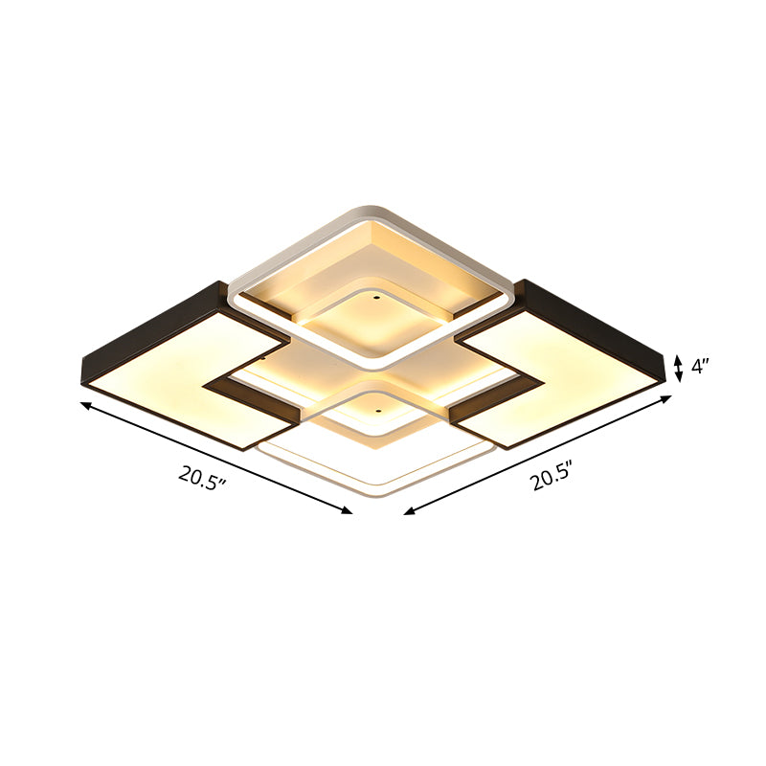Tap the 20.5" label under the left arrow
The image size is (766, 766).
(202, 475)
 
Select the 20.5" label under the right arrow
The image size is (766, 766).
(552, 475)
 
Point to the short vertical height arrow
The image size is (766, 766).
(678, 368)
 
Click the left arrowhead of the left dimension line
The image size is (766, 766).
(85, 406)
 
